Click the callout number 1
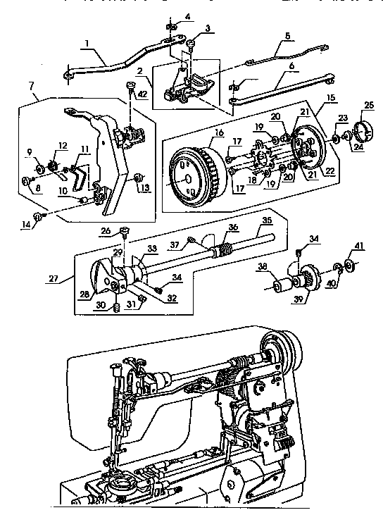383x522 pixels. [x=86, y=44]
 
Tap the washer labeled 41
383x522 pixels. [x=353, y=266]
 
